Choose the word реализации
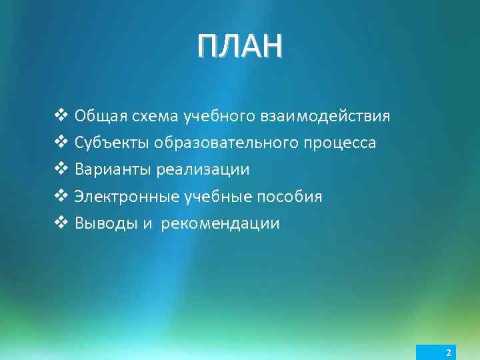point(203,170)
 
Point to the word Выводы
point(105,223)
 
